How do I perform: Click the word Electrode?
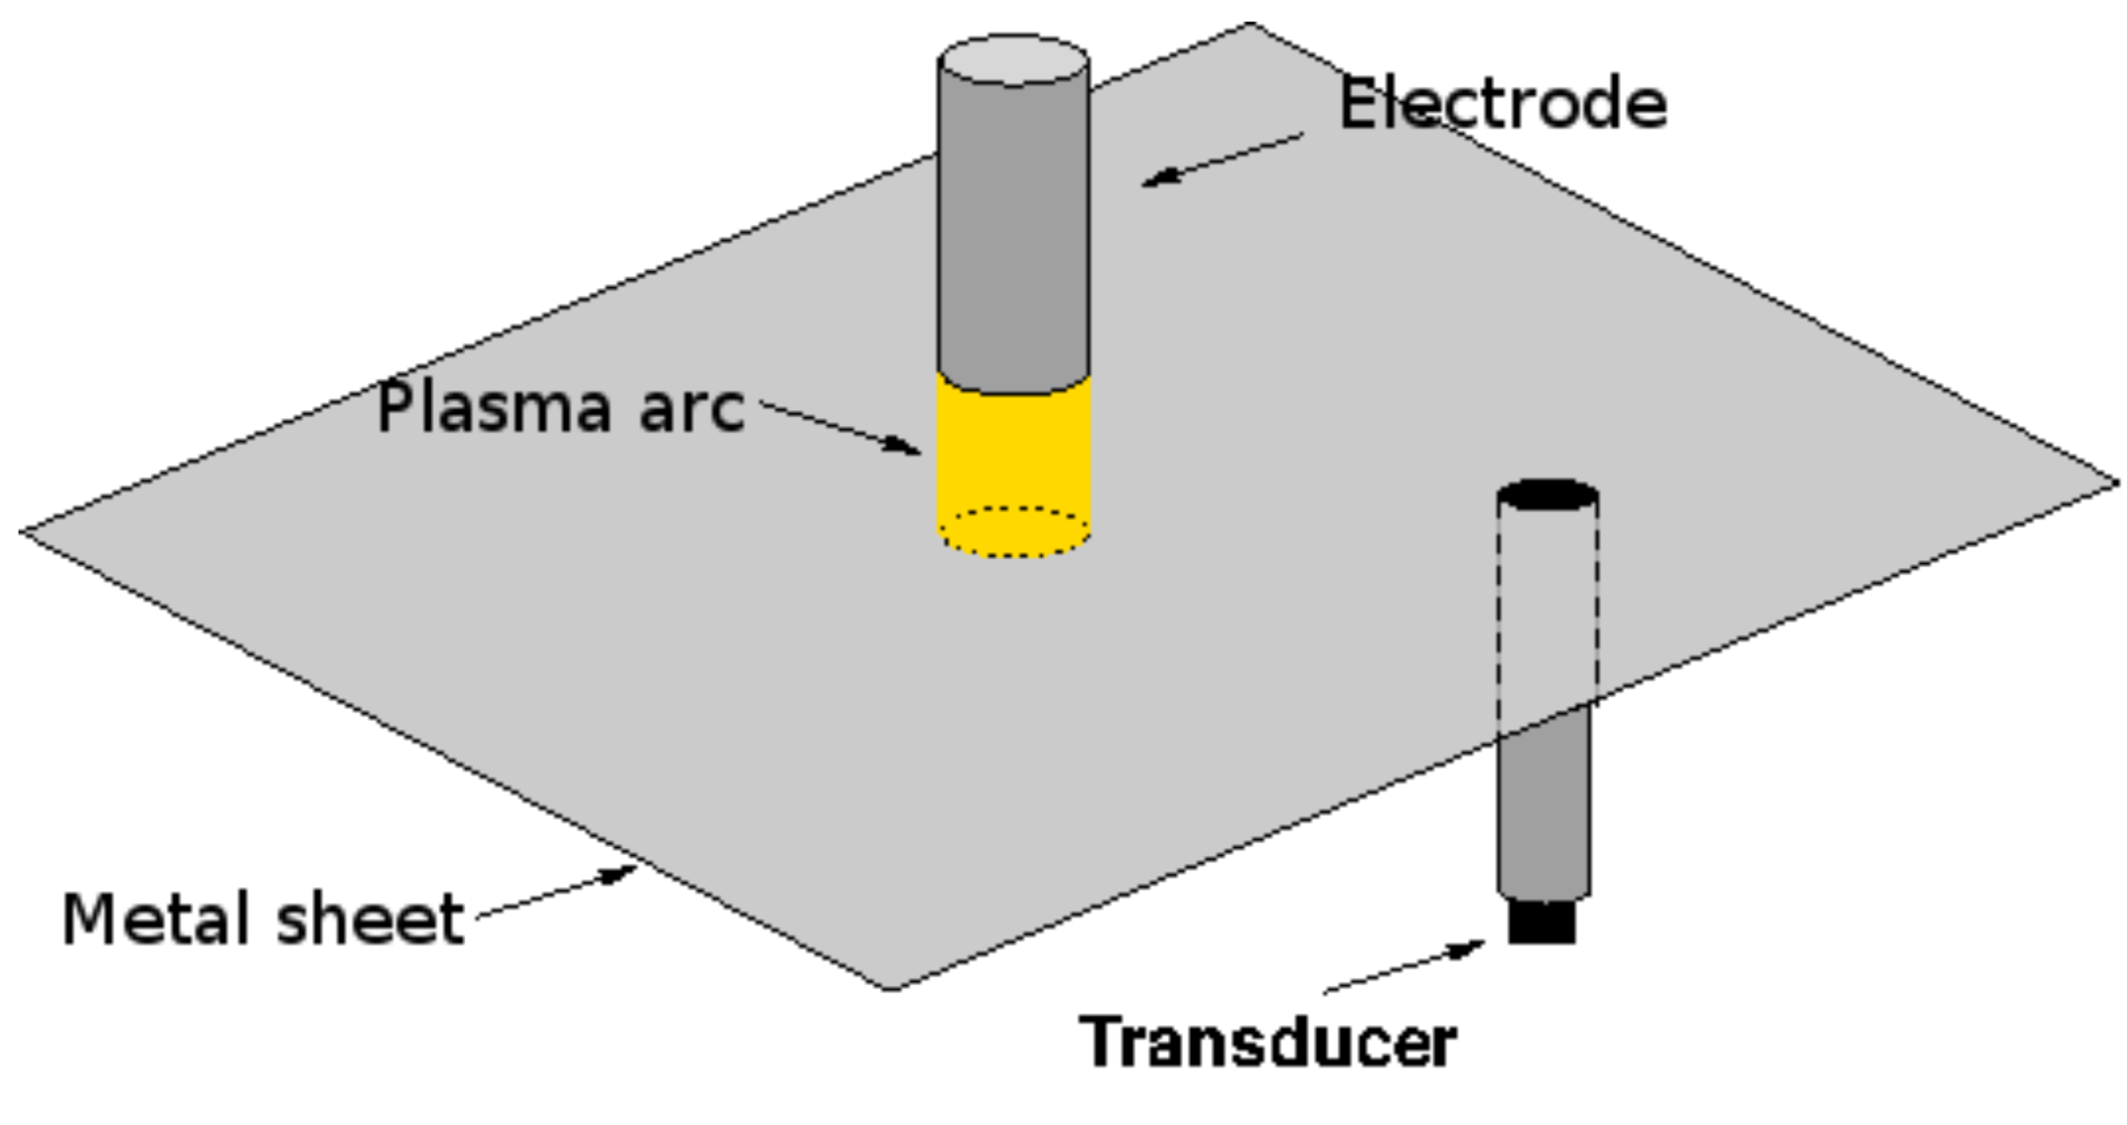1502,104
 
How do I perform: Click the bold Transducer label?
1268,1042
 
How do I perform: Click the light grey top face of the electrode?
1014,61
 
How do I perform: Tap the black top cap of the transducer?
1548,495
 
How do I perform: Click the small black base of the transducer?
1542,921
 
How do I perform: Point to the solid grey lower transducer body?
1544,803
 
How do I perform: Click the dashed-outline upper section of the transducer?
1548,607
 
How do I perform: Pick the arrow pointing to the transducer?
1404,966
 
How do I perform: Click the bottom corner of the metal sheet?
889,988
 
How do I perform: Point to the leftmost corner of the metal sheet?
22,532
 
